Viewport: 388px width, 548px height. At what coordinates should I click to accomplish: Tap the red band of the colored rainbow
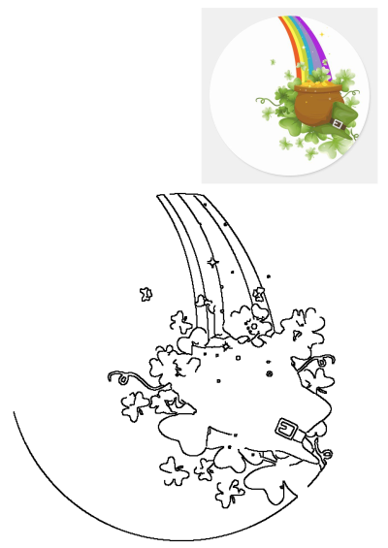[284, 29]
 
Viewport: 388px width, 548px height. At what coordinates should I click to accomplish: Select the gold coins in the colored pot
[315, 90]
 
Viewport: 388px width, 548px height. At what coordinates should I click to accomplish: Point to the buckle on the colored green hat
[337, 123]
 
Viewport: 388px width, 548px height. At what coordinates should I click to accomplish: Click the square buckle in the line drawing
[287, 428]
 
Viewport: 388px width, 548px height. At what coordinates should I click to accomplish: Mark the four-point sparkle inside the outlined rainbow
[212, 261]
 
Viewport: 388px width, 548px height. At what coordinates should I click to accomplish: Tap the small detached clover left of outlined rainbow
[146, 293]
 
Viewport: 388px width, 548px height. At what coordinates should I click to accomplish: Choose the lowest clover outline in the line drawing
[230, 493]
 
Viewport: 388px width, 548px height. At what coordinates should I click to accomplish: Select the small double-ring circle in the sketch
[269, 373]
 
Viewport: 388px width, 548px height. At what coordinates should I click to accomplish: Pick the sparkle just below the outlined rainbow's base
[226, 345]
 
